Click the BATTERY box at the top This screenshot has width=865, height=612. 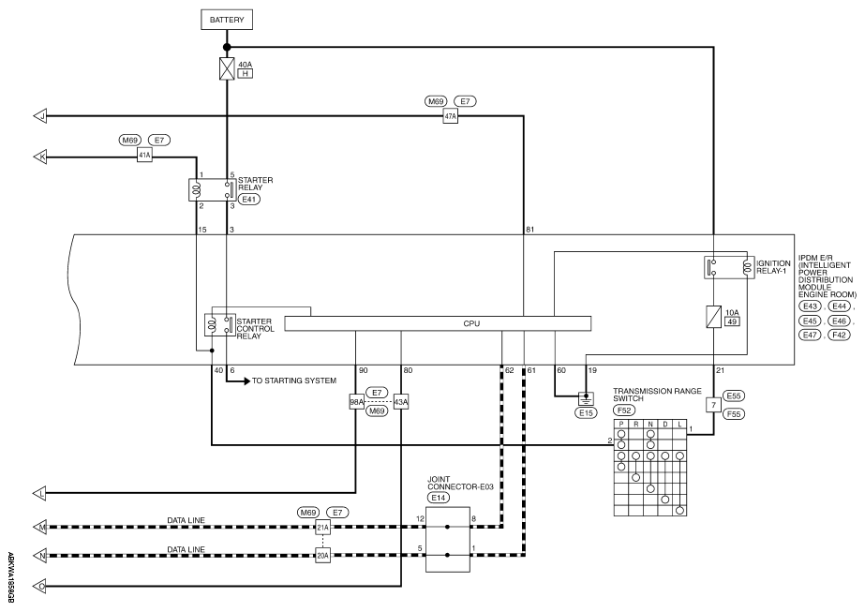(x=226, y=20)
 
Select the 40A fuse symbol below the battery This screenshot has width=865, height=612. (x=227, y=69)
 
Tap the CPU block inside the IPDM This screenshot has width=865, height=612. (x=438, y=323)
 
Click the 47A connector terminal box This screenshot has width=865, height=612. (x=450, y=116)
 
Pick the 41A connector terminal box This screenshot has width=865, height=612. (x=144, y=156)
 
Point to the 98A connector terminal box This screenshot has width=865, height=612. (x=356, y=402)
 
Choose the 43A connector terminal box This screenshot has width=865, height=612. (x=401, y=402)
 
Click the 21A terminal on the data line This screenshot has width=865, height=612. (x=322, y=528)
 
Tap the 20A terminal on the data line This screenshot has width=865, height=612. (x=322, y=556)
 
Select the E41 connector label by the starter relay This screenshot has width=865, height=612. (x=249, y=200)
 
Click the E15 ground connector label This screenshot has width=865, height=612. (x=586, y=412)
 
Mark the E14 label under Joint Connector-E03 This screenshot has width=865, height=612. (x=438, y=498)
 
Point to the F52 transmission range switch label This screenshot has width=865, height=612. (x=624, y=410)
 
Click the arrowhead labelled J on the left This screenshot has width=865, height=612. (x=40, y=116)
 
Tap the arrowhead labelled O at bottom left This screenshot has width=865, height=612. (x=40, y=586)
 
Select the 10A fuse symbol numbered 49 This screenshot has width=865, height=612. (x=714, y=317)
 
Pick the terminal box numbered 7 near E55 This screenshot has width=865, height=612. (x=713, y=405)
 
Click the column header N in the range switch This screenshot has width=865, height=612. (x=650, y=424)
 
